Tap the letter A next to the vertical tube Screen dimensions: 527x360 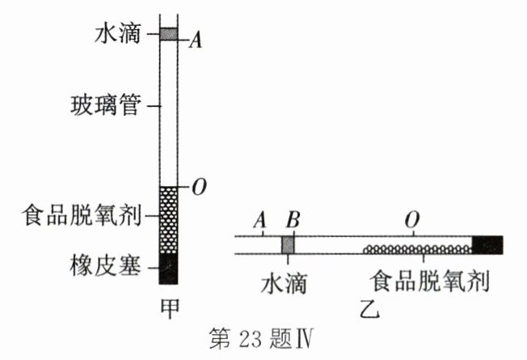pos(195,41)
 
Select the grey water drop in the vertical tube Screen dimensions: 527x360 pos(168,34)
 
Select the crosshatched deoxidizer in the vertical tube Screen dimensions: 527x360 pos(168,219)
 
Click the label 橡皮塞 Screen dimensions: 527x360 pos(120,265)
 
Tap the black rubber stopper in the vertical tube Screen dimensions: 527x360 pos(168,268)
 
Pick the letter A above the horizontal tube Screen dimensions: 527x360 pos(259,220)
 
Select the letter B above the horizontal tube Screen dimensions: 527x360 pos(293,220)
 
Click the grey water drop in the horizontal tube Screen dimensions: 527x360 pos(288,244)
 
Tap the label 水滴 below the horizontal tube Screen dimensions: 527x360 pos(284,283)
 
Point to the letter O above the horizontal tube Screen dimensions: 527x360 pos(414,220)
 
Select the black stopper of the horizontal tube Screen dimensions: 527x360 pos(487,245)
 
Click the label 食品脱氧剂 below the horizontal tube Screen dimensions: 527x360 pos(431,283)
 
